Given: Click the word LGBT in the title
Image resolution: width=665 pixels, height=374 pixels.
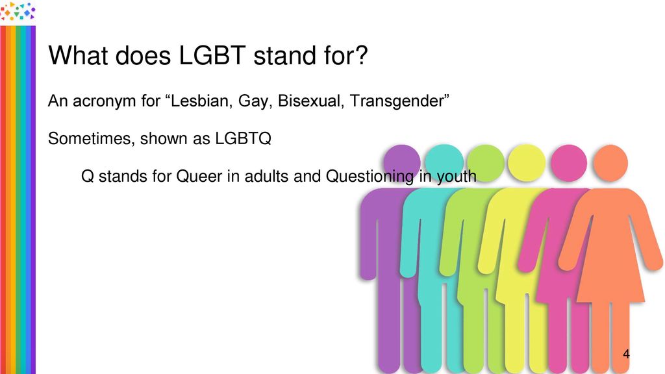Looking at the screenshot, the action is point(212,56).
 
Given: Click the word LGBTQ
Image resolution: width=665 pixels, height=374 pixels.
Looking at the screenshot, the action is point(243,139).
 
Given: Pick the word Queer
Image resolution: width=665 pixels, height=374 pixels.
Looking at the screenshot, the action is point(199,176).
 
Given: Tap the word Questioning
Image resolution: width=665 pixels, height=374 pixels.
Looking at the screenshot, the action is point(370,177).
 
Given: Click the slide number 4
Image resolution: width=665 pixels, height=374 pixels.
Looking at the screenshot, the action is point(626,354).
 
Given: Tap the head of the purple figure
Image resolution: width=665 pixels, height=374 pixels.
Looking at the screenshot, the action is point(401,163).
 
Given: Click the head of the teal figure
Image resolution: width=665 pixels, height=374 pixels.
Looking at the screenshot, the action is point(444,163).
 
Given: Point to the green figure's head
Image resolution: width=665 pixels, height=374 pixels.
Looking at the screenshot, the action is point(486,163).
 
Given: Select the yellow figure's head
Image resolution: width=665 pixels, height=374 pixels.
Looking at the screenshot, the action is point(527,163).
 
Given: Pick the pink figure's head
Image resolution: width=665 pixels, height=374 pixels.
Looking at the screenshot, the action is point(569,163).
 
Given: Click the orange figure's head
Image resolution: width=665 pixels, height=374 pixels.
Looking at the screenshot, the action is point(610,163).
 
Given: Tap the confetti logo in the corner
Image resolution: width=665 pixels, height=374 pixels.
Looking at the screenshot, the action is point(18,12).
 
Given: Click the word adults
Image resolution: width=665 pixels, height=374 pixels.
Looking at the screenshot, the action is point(267,176).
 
